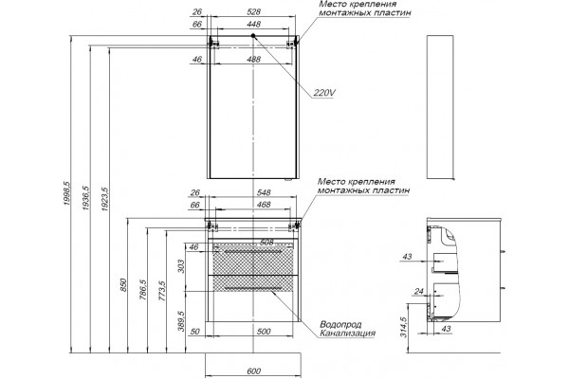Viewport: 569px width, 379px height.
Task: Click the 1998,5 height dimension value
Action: click(66, 194)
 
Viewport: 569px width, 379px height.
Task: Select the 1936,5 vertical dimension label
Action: click(85, 198)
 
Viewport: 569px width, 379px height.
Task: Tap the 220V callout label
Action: click(324, 93)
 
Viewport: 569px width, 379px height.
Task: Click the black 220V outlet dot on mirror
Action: click(253, 36)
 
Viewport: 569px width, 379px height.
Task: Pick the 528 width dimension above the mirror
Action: click(253, 12)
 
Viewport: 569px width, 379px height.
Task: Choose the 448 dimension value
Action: click(253, 25)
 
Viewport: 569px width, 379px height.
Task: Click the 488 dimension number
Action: click(253, 59)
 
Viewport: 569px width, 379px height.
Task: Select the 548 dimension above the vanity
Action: click(264, 192)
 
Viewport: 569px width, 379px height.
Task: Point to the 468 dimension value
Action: click(264, 205)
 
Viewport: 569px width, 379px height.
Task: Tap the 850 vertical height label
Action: click(123, 284)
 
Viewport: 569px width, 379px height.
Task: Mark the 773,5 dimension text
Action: click(162, 291)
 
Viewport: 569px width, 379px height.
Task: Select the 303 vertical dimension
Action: click(181, 266)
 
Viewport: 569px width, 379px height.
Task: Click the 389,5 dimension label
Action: click(181, 321)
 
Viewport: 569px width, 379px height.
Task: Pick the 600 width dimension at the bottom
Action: click(253, 371)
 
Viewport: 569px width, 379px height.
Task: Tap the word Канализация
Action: click(347, 333)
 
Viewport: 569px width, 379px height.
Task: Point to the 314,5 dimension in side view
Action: click(404, 327)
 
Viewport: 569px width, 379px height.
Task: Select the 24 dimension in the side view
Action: click(419, 291)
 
